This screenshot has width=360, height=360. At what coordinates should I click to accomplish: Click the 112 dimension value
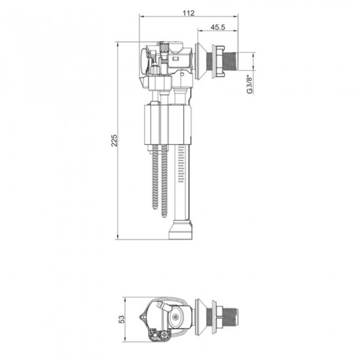pos(189,13)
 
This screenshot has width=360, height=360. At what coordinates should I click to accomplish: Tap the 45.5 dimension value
pos(218,27)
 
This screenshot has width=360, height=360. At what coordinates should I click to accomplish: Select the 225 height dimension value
pos(114,140)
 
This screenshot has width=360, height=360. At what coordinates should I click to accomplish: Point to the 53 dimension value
pos(122,319)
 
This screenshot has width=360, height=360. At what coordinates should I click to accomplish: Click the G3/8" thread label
pos(249,84)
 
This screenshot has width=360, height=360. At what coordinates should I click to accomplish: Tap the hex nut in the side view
pos(217,61)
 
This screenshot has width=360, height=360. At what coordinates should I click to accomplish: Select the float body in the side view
pos(168,124)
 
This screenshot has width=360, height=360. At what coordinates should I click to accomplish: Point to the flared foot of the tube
pos(180,230)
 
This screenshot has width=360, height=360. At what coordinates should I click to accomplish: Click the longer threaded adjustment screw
pos(164,181)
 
